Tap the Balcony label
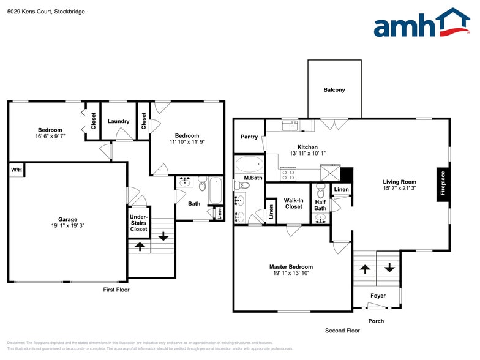(x=334, y=90)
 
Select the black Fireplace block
(x=443, y=184)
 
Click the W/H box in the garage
(x=15, y=170)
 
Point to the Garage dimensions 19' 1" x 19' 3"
(x=67, y=225)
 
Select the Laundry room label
(x=118, y=121)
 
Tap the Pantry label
(x=249, y=137)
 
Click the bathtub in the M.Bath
(x=249, y=164)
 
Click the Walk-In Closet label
(x=293, y=203)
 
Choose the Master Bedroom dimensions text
(x=291, y=273)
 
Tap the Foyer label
(x=378, y=296)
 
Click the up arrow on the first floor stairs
(x=140, y=246)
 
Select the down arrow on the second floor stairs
(x=389, y=268)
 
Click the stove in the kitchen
(x=288, y=174)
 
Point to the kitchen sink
(x=290, y=126)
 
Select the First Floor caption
(x=116, y=290)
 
